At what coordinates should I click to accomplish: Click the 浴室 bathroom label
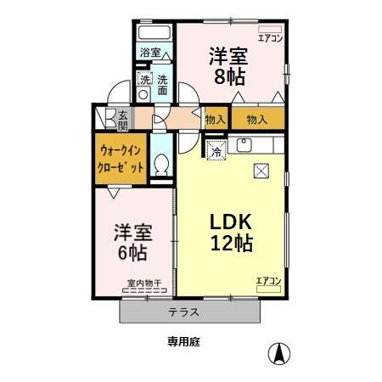pyautogui.click(x=151, y=53)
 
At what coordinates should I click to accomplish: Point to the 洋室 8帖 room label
pyautogui.click(x=228, y=65)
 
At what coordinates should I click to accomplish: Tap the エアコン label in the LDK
pyautogui.click(x=268, y=280)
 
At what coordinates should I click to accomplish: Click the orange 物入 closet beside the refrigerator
pyautogui.click(x=215, y=120)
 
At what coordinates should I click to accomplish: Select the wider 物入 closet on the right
pyautogui.click(x=256, y=120)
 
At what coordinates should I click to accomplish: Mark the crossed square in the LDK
pyautogui.click(x=260, y=170)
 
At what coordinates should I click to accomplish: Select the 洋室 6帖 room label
pyautogui.click(x=130, y=242)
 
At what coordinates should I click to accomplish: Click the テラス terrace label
pyautogui.click(x=183, y=312)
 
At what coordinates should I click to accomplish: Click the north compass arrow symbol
pyautogui.click(x=277, y=351)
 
